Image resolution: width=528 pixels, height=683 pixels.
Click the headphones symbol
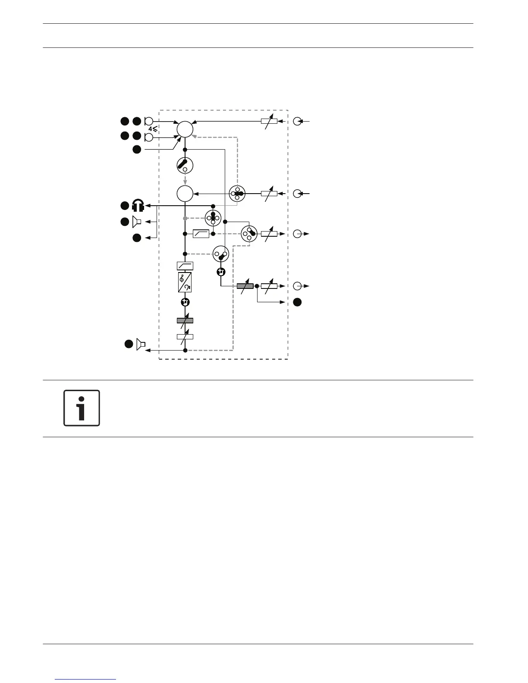(138, 206)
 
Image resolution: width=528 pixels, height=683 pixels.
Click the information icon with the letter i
(82, 408)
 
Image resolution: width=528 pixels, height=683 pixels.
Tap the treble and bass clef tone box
(185, 282)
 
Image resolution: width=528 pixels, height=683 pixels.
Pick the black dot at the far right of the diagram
(297, 302)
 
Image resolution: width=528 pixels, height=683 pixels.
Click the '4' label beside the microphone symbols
(150, 129)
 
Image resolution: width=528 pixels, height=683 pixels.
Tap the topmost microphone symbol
(148, 122)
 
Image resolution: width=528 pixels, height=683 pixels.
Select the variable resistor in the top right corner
(269, 121)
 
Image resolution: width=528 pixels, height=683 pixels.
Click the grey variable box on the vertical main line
(185, 320)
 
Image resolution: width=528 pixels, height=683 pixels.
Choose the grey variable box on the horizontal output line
(245, 286)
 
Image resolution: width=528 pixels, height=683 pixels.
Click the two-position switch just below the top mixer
(185, 165)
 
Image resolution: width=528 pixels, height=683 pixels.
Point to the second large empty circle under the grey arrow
(185, 194)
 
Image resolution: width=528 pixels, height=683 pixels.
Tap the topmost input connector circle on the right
(297, 121)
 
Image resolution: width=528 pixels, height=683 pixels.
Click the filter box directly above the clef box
(185, 266)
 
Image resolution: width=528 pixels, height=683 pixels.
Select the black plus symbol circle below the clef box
(185, 302)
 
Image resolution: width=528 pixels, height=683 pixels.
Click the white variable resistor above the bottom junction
(185, 337)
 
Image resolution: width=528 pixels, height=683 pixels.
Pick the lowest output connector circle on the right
(297, 286)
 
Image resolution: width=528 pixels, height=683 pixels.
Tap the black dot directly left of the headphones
(125, 206)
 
